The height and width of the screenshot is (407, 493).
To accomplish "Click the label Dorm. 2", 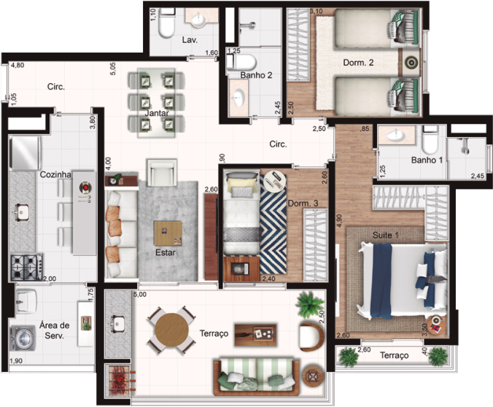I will click(358, 63).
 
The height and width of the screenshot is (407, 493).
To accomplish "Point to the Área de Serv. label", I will click(55, 331).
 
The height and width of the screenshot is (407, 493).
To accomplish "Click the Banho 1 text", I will click(407, 160).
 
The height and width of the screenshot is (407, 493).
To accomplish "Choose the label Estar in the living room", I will click(164, 254).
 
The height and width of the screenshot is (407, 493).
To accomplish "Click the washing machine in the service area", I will click(22, 338).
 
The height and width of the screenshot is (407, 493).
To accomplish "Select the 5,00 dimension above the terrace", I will click(139, 295).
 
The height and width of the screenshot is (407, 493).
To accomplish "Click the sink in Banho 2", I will click(239, 96).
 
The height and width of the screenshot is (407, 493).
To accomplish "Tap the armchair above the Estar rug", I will click(161, 174).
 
